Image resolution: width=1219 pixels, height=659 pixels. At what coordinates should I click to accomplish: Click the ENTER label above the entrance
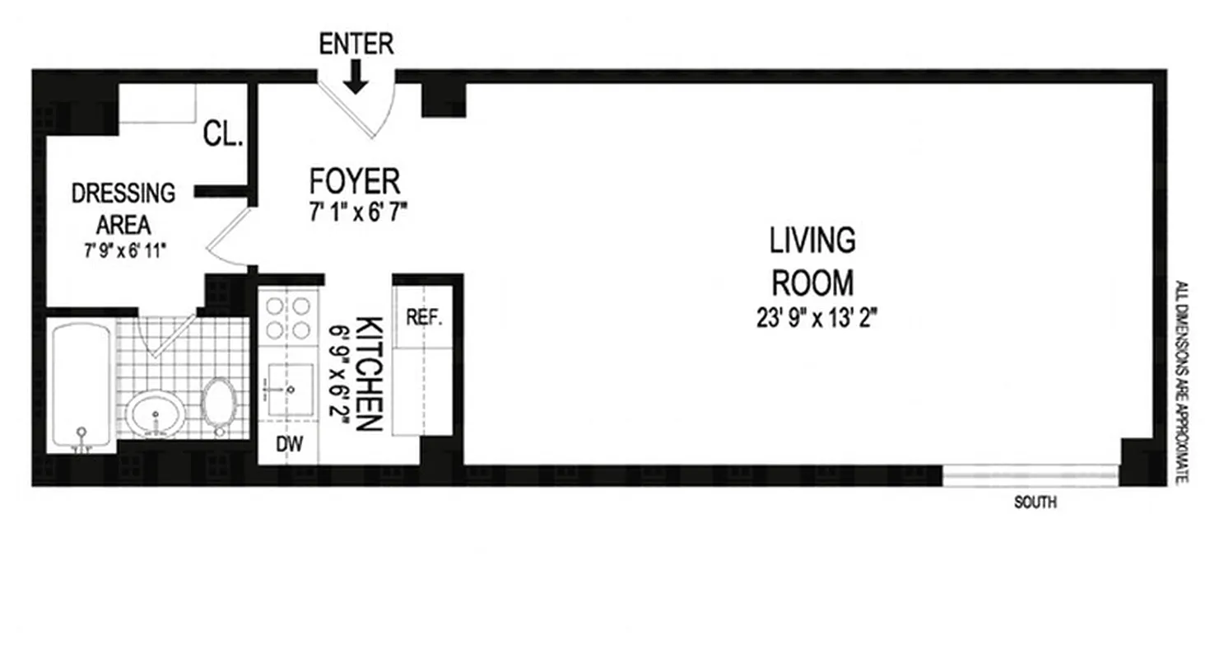coord(356,44)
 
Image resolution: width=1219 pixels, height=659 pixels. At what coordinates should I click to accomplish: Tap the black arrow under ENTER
coord(356,79)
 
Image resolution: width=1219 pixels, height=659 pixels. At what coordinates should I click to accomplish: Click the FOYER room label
coord(354,180)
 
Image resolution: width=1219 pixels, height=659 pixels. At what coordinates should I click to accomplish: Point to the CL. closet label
coord(223,134)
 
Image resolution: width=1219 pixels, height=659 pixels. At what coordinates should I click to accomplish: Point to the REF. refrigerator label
coord(425,317)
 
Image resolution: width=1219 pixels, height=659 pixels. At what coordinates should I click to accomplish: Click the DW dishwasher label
coord(289,445)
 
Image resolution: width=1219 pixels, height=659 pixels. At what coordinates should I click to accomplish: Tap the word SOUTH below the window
coord(1035,502)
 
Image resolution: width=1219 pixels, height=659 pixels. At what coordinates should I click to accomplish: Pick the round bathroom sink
coord(156,412)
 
